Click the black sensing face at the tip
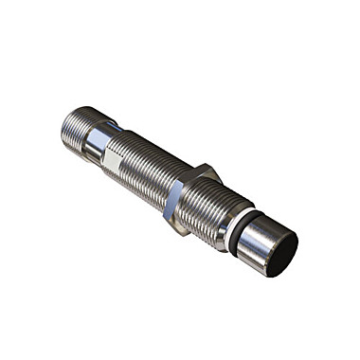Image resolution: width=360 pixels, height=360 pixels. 281,254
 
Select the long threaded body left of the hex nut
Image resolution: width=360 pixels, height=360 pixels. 142,161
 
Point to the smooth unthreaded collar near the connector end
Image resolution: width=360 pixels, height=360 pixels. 97,140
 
